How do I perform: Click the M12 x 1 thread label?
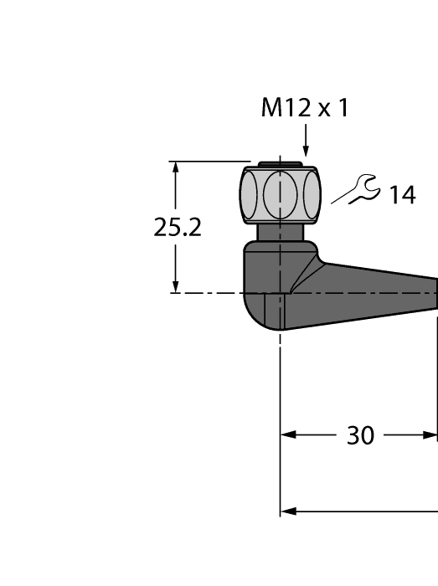click(x=304, y=108)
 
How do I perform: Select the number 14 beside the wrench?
click(x=401, y=195)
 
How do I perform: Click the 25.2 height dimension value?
click(x=178, y=228)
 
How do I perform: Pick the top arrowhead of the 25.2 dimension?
click(x=175, y=167)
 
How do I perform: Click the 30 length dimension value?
click(x=360, y=436)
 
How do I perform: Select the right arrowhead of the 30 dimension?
click(x=430, y=435)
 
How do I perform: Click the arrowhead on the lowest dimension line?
click(x=287, y=510)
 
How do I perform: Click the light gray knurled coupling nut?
click(x=280, y=194)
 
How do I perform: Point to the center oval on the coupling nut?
click(x=281, y=194)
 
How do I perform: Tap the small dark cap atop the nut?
click(x=281, y=163)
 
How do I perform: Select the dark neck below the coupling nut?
click(x=280, y=232)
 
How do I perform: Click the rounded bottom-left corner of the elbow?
click(x=250, y=314)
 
